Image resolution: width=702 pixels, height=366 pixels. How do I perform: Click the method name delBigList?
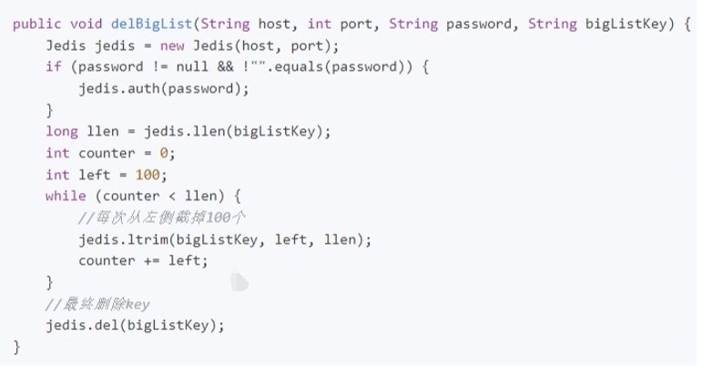(x=148, y=24)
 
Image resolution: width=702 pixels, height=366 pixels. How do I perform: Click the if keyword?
(x=54, y=66)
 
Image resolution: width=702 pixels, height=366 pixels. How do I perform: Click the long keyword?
(x=62, y=131)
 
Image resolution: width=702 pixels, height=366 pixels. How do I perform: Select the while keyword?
(x=66, y=196)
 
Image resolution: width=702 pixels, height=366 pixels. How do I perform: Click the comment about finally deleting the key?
(x=97, y=303)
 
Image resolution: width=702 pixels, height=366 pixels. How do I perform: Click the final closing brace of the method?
(x=16, y=347)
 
